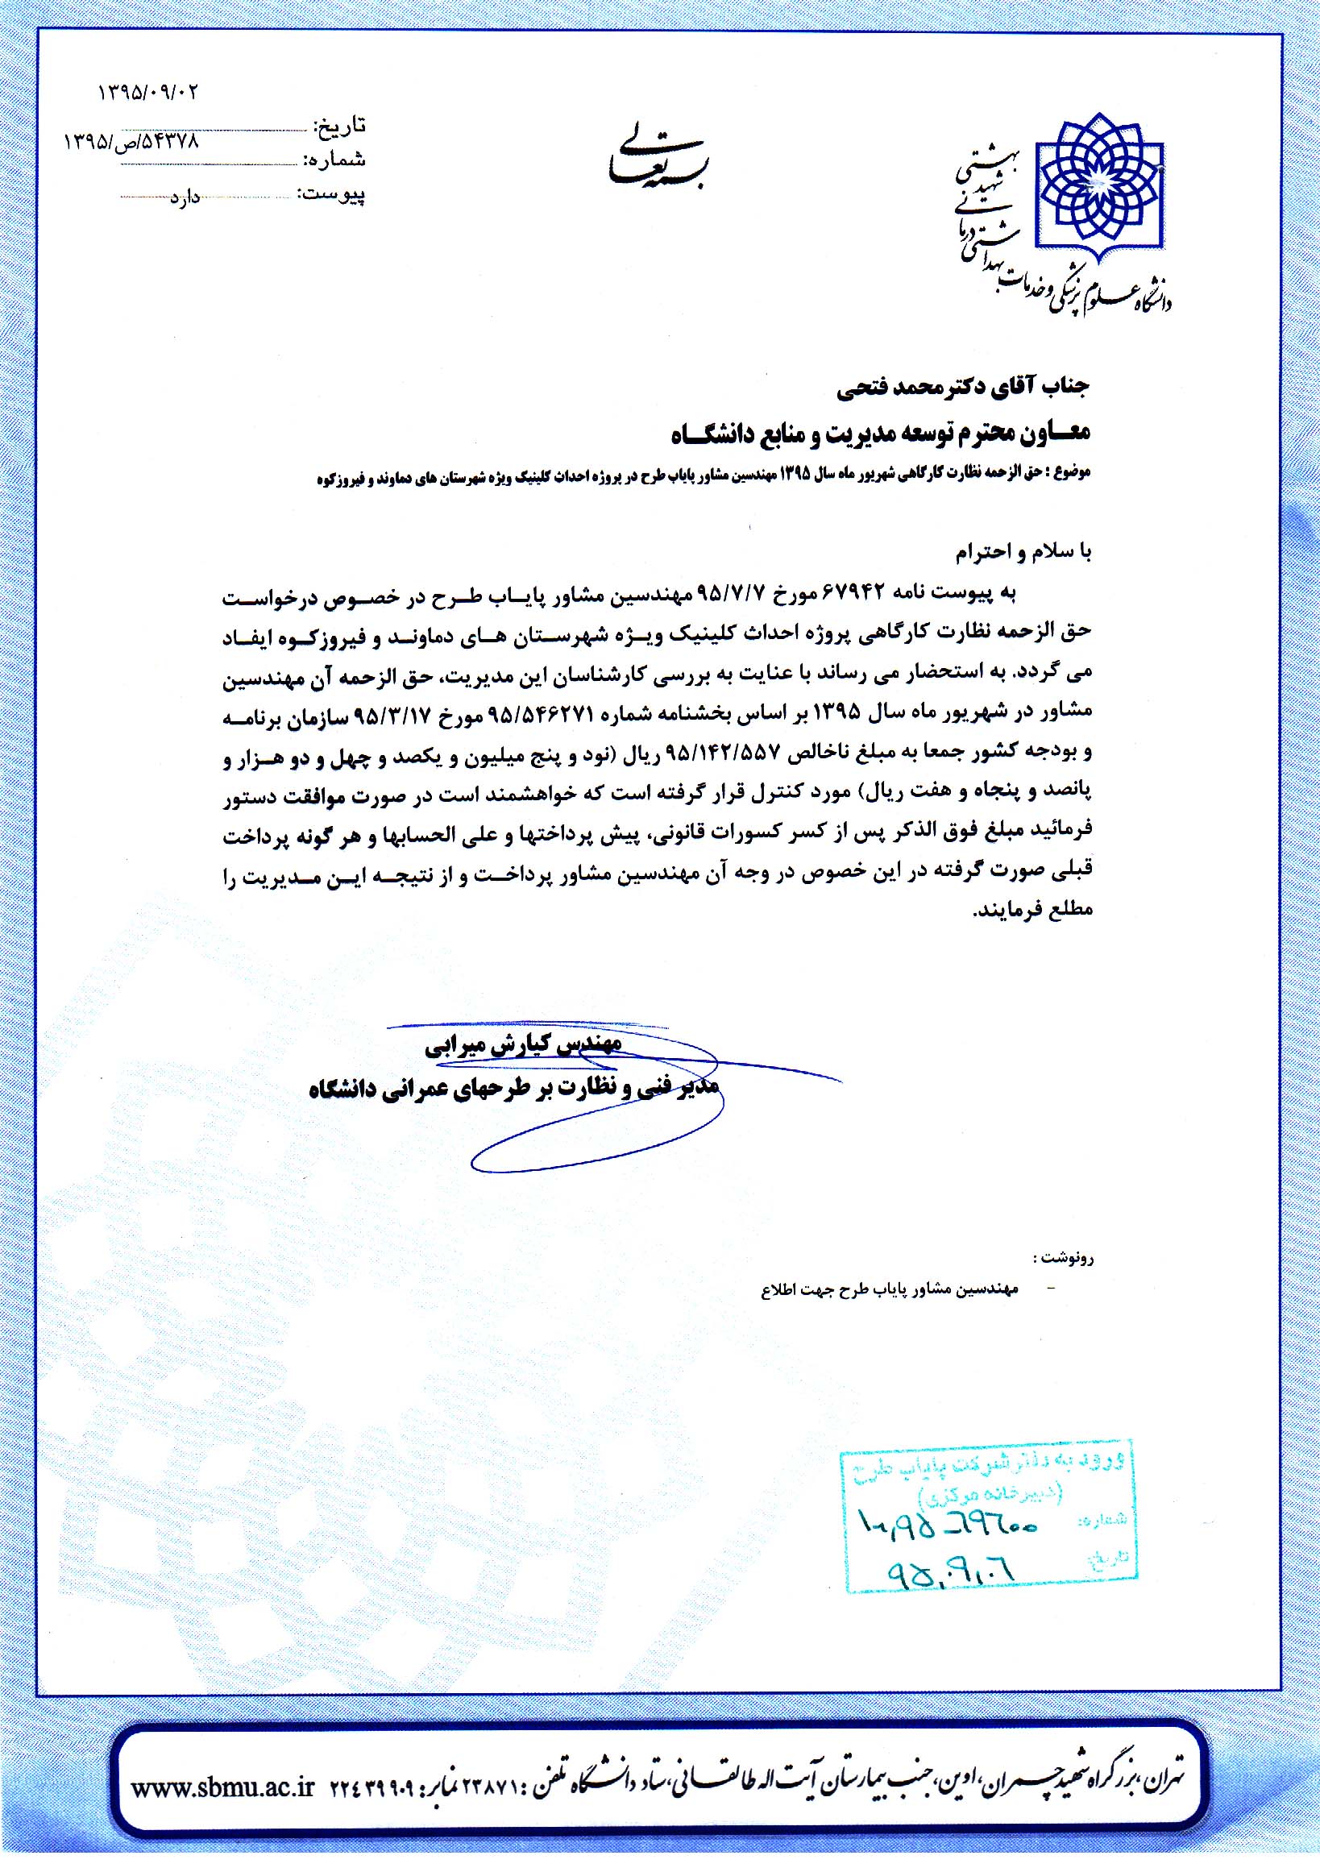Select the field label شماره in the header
coord(335,160)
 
